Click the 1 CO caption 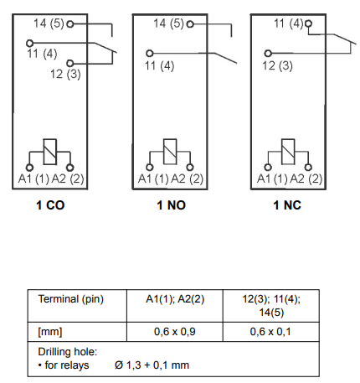[50, 205]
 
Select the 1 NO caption [171, 205]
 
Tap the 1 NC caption [287, 205]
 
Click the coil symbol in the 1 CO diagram [50, 152]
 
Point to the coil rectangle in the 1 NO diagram [170, 152]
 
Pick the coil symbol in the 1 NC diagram [288, 152]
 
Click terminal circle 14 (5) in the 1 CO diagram [70, 24]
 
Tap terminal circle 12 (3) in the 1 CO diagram [70, 63]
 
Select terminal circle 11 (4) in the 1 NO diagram [150, 53]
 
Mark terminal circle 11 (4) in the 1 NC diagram [308, 23]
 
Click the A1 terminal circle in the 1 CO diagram [29, 168]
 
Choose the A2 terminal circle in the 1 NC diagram [308, 168]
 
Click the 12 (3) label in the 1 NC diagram [277, 66]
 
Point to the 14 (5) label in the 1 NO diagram [168, 23]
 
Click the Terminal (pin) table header [71, 299]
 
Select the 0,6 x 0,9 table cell [175, 332]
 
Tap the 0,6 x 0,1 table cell [270, 332]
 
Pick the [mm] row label [50, 332]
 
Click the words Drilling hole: [68, 352]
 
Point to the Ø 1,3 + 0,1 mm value [152, 365]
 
